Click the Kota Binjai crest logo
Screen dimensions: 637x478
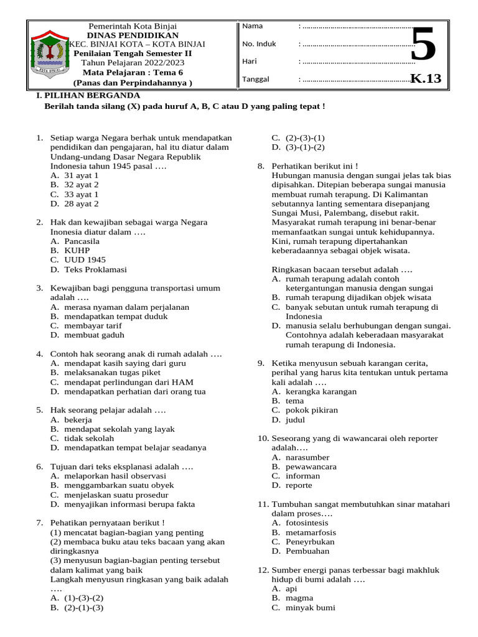pyautogui.click(x=47, y=53)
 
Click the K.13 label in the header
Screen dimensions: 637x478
pyautogui.click(x=426, y=78)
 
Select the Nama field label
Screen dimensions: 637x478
pyautogui.click(x=252, y=26)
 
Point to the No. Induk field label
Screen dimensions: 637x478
pyautogui.click(x=259, y=44)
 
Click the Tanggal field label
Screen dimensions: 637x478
pyautogui.click(x=255, y=79)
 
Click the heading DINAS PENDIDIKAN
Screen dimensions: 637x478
pyautogui.click(x=133, y=35)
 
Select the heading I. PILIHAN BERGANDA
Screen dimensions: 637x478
pyautogui.click(x=88, y=95)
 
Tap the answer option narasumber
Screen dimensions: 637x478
pyautogui.click(x=307, y=457)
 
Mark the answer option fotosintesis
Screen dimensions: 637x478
pyautogui.click(x=308, y=523)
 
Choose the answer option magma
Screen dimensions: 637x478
pyautogui.click(x=299, y=597)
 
